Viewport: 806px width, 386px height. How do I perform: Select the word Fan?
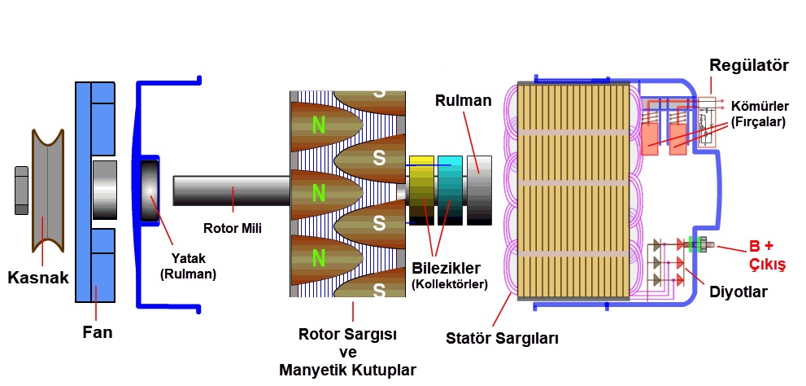click(97, 332)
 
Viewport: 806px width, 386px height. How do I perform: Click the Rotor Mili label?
click(232, 228)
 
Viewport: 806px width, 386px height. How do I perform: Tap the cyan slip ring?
click(450, 190)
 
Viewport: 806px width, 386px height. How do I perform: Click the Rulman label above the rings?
click(464, 101)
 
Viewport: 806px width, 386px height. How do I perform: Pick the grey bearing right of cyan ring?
click(479, 190)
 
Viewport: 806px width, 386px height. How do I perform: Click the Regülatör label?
click(749, 65)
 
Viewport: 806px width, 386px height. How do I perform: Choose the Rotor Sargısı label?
click(347, 335)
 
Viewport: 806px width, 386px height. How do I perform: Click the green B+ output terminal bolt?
click(696, 243)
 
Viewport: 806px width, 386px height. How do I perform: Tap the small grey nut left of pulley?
click(21, 191)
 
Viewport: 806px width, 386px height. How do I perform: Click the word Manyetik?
click(314, 370)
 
